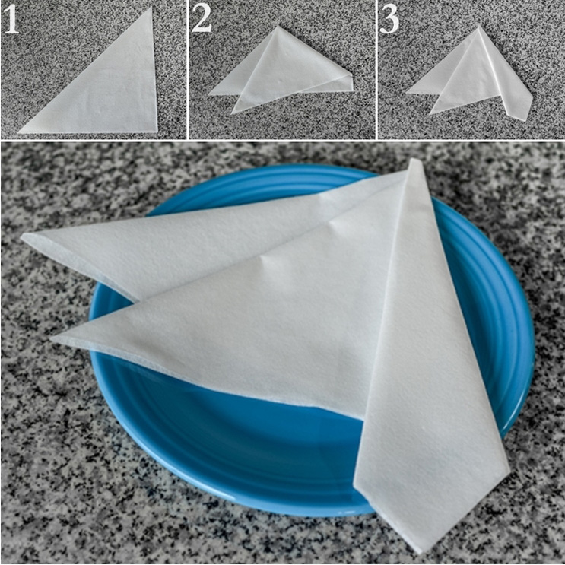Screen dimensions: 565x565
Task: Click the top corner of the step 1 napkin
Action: pos(151,8)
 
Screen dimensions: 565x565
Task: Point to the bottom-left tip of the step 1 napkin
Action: pos(18,132)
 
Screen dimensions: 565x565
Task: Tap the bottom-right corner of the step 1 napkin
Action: pos(157,132)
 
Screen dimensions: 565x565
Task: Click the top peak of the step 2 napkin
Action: pos(277,26)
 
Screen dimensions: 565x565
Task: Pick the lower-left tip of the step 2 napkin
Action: pos(231,113)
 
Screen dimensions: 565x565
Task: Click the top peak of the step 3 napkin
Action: pos(478,26)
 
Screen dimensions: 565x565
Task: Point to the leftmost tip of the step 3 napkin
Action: pos(406,93)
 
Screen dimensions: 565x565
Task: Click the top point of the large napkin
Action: pos(415,159)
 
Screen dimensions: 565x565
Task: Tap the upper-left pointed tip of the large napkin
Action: pos(21,237)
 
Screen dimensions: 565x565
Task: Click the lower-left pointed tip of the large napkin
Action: pos(52,338)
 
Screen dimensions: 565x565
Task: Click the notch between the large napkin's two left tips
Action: pos(138,300)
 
